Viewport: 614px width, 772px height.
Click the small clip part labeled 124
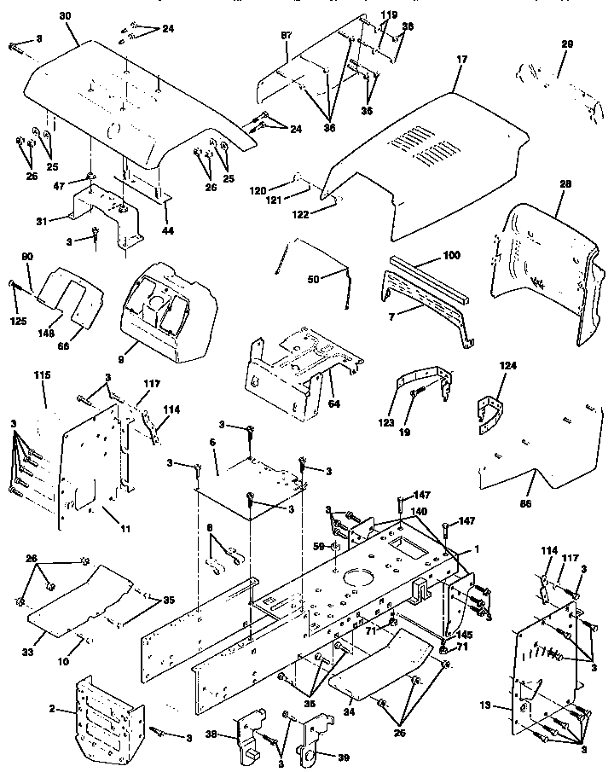pyautogui.click(x=489, y=409)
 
